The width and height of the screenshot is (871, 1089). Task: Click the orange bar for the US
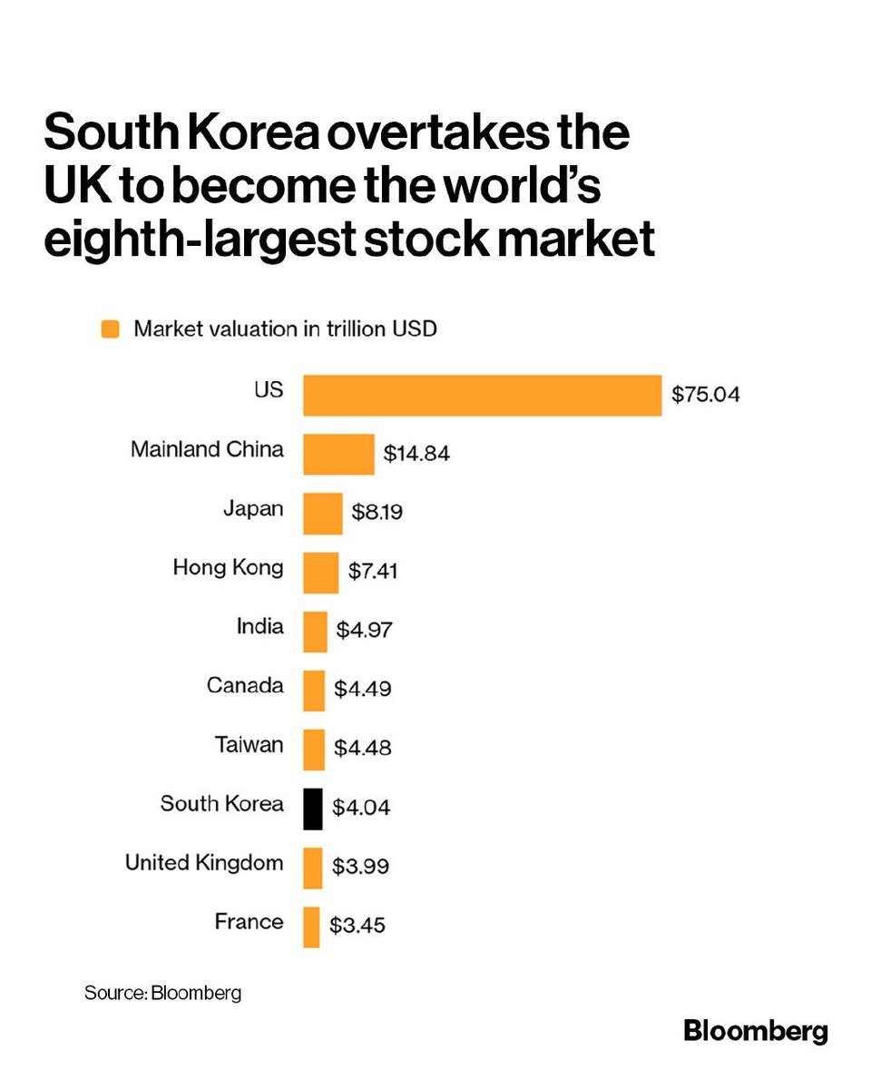click(482, 396)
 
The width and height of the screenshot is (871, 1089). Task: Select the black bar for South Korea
click(312, 809)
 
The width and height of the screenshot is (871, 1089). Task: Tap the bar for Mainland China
click(338, 454)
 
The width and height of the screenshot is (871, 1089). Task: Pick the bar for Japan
click(322, 514)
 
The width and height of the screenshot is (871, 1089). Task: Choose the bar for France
click(311, 927)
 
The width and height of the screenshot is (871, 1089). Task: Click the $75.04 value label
click(706, 396)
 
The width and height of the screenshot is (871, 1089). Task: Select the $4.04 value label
click(361, 808)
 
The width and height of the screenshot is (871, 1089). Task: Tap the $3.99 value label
click(360, 867)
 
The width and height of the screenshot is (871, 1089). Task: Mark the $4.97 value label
click(364, 631)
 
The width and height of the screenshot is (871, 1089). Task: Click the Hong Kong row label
click(228, 569)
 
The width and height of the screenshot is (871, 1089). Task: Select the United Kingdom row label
click(204, 863)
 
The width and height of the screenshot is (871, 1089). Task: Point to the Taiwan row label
click(249, 745)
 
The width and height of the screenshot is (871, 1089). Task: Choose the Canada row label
click(245, 686)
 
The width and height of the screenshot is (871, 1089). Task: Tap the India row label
click(259, 627)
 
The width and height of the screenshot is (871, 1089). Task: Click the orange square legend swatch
click(111, 329)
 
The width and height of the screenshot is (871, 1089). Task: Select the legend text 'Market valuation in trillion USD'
click(285, 329)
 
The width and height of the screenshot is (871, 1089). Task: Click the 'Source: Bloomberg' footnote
click(163, 993)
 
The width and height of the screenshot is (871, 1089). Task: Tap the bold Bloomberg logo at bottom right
click(755, 1032)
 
